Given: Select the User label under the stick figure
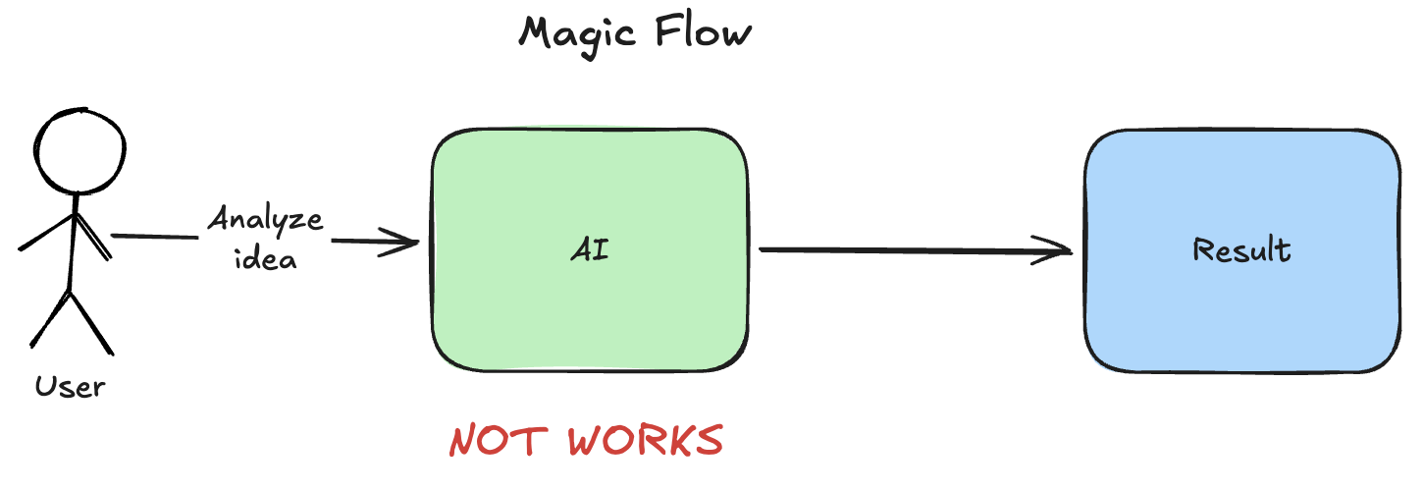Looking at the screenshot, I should pyautogui.click(x=70, y=386).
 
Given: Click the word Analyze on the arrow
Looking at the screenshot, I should pyautogui.click(x=265, y=218).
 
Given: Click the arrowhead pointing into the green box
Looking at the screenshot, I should pyautogui.click(x=407, y=242).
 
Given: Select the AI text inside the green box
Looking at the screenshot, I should pyautogui.click(x=590, y=250).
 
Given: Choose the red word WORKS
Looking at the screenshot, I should pyautogui.click(x=645, y=441).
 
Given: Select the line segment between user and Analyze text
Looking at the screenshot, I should pyautogui.click(x=157, y=237).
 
